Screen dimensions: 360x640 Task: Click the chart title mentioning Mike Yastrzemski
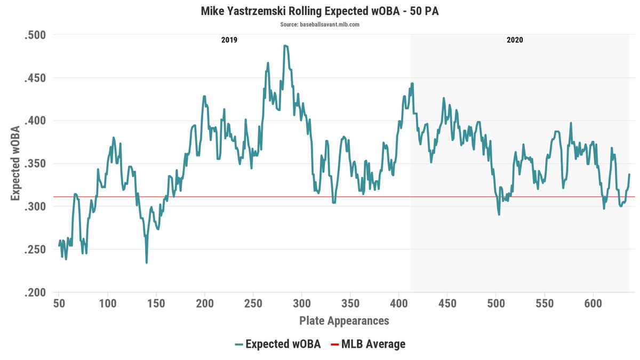tap(319, 11)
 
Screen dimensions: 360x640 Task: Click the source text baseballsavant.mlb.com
tap(319, 25)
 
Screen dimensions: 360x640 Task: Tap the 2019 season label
tap(229, 40)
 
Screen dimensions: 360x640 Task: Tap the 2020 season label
tap(515, 40)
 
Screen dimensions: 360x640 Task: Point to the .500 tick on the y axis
tap(35, 35)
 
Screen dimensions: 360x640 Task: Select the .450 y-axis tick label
tap(35, 78)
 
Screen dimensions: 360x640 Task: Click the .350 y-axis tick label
tap(35, 164)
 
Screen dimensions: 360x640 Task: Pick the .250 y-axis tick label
tap(35, 250)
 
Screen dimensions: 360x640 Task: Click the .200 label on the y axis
tap(35, 292)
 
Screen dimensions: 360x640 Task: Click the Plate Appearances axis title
tap(344, 321)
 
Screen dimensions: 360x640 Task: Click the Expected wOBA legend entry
tap(277, 344)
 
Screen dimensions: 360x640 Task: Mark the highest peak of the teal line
tap(285, 46)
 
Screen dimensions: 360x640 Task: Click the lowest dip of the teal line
tap(146, 262)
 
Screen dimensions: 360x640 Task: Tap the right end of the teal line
tap(629, 174)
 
